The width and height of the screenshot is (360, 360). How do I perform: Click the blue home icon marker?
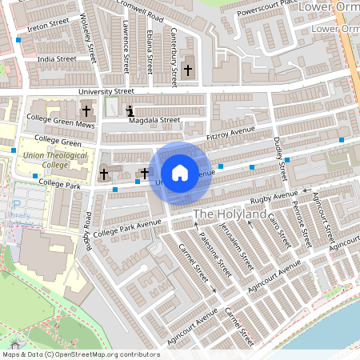click(x=180, y=172)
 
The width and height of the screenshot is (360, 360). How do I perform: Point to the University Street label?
click(x=106, y=92)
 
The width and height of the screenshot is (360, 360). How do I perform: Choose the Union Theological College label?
click(x=46, y=159)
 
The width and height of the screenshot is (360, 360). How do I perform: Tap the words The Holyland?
click(x=230, y=214)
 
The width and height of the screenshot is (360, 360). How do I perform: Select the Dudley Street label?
click(x=279, y=158)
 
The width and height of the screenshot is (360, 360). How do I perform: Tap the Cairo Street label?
click(x=278, y=230)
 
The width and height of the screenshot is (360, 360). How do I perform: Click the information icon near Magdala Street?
click(x=130, y=112)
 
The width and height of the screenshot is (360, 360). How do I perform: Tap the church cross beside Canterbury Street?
click(x=188, y=70)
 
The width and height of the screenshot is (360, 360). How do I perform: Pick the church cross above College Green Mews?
click(x=86, y=112)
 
